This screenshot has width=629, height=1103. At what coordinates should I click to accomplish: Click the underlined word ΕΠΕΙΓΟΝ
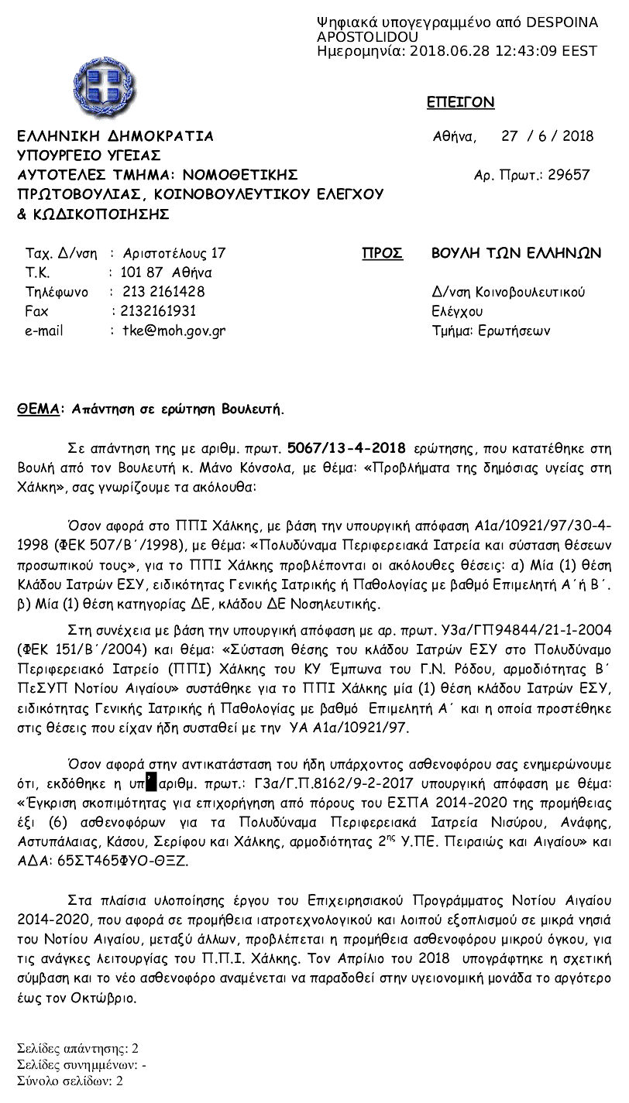coord(460,103)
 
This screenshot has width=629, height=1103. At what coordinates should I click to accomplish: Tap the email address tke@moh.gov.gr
coord(174,331)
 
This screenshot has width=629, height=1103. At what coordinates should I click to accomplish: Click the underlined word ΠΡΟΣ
coord(382,254)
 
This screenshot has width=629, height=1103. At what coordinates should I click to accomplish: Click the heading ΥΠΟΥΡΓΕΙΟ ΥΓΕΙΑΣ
coord(88,155)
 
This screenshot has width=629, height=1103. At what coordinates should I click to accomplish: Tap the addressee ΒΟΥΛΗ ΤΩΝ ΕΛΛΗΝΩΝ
coord(516,254)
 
